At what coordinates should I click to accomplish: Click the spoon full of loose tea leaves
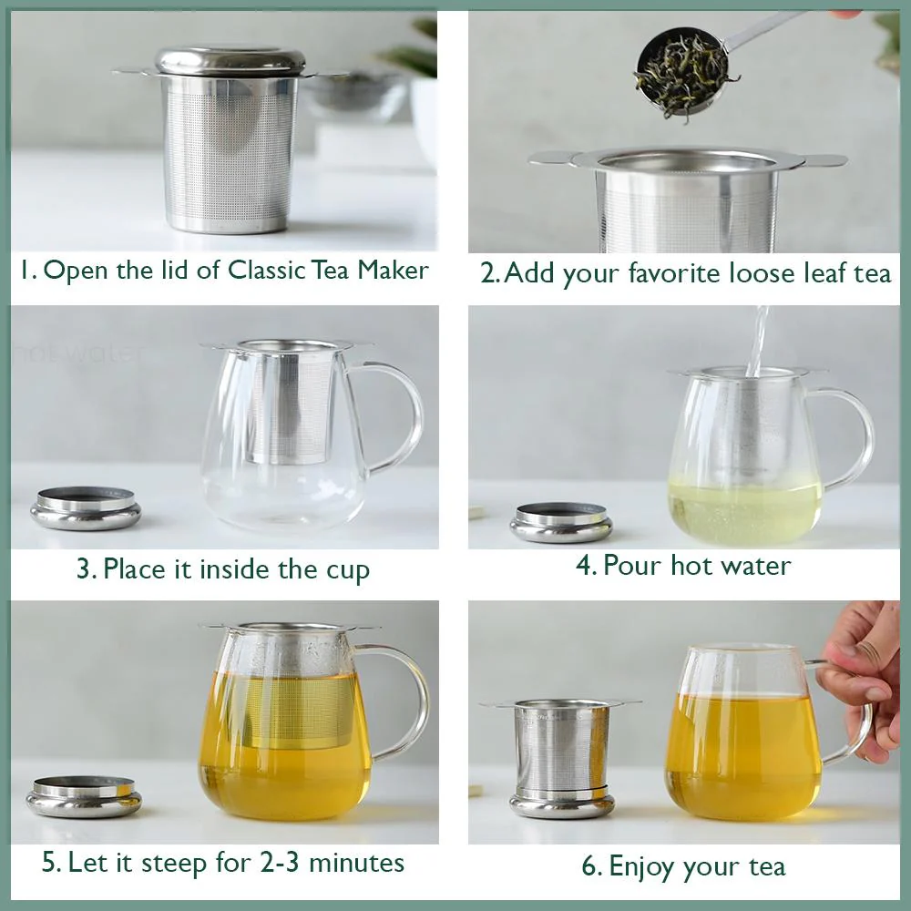coord(686,70)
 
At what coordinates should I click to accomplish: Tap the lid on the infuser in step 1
coord(230,62)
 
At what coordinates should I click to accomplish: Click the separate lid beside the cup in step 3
coord(86,507)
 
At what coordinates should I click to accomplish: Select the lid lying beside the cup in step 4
coord(561,522)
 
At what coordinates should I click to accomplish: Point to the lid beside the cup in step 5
coord(84,796)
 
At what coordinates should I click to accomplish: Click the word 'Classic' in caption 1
coord(266,271)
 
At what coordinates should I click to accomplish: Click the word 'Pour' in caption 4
coord(633,566)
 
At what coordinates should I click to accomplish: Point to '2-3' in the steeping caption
coord(279,862)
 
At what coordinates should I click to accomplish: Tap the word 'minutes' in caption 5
coord(357,863)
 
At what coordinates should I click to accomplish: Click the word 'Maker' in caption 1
coord(393,271)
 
